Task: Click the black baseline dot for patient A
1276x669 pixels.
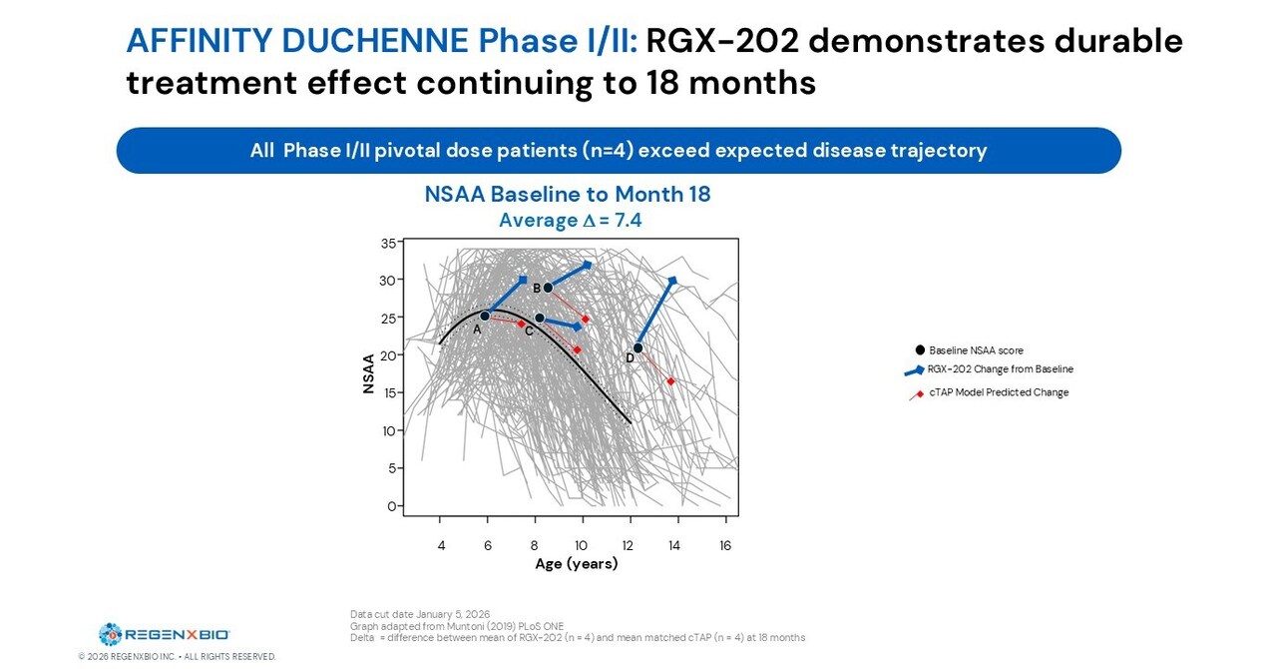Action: (485, 316)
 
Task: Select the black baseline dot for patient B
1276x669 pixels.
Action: (548, 288)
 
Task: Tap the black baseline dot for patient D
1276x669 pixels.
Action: (638, 348)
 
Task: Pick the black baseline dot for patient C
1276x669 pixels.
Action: (540, 319)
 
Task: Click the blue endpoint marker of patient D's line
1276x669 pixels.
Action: (673, 282)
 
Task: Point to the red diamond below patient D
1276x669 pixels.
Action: (671, 381)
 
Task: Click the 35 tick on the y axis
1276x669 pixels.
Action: (387, 243)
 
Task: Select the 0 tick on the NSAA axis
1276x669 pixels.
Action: (391, 506)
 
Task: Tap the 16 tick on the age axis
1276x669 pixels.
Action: (725, 546)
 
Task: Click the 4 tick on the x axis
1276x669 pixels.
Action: (440, 546)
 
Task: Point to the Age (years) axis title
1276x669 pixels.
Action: (576, 564)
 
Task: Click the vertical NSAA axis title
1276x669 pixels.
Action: (368, 373)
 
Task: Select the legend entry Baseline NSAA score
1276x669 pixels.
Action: (975, 350)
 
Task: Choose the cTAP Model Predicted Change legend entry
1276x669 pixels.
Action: (998, 392)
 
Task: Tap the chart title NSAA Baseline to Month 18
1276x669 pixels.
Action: (568, 195)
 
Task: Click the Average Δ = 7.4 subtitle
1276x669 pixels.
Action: (570, 221)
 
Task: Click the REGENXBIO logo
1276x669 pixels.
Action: (165, 634)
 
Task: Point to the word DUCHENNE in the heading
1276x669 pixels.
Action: (374, 42)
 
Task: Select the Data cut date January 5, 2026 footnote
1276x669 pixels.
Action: (420, 614)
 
